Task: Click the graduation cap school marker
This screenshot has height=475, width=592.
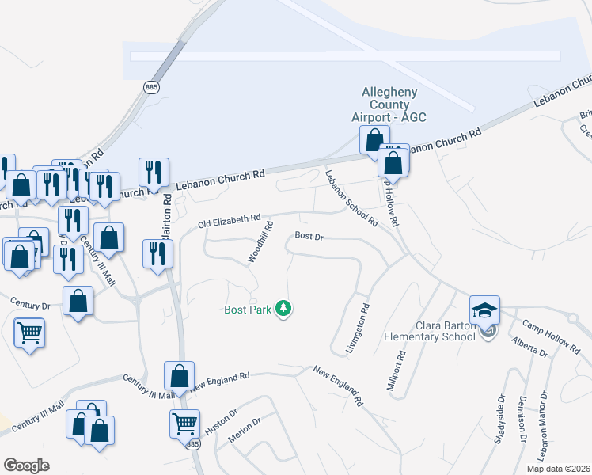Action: pyautogui.click(x=484, y=310)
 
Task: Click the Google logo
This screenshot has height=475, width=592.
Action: pyautogui.click(x=26, y=465)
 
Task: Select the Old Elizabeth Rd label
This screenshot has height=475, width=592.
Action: pyautogui.click(x=229, y=219)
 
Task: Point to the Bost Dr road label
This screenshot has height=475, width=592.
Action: pyautogui.click(x=309, y=236)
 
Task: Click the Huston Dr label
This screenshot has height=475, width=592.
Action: pyautogui.click(x=222, y=422)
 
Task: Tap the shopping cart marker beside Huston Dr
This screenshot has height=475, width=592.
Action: pyautogui.click(x=184, y=424)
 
